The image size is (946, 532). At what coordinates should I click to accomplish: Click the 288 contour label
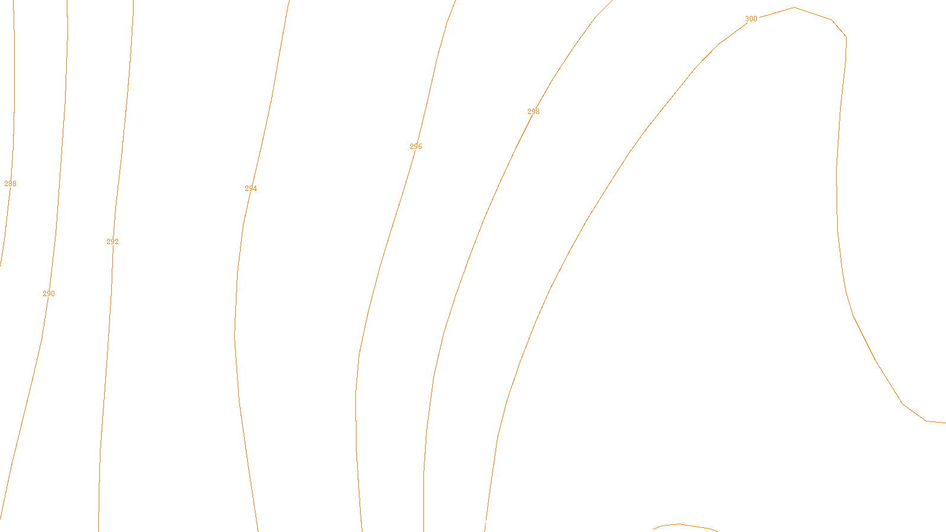click(x=10, y=184)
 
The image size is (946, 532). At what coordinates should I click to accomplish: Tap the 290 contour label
click(x=48, y=294)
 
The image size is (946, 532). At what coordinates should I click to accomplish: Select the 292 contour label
click(x=112, y=242)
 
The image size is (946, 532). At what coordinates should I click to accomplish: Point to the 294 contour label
click(x=251, y=189)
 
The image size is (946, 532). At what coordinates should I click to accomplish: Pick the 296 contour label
click(x=416, y=147)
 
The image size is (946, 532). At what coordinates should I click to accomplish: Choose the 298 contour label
click(x=533, y=112)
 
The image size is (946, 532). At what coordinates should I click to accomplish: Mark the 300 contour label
click(x=751, y=19)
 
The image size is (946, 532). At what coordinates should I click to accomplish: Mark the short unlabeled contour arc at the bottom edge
click(x=680, y=524)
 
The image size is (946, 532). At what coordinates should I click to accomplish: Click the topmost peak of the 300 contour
click(x=794, y=8)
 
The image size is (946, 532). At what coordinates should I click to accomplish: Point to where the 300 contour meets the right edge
click(x=944, y=423)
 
